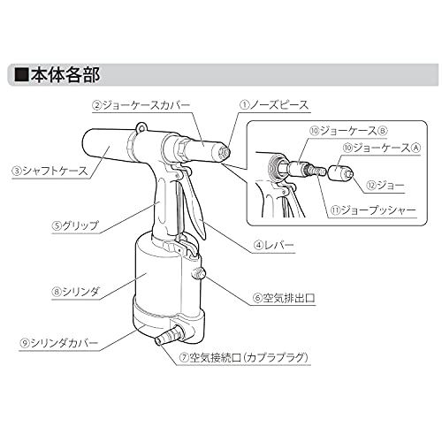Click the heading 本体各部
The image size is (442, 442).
coord(65,75)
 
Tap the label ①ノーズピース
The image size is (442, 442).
coord(273,105)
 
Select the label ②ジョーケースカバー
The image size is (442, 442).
coord(141,105)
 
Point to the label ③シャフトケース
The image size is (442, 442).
coord(50,171)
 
